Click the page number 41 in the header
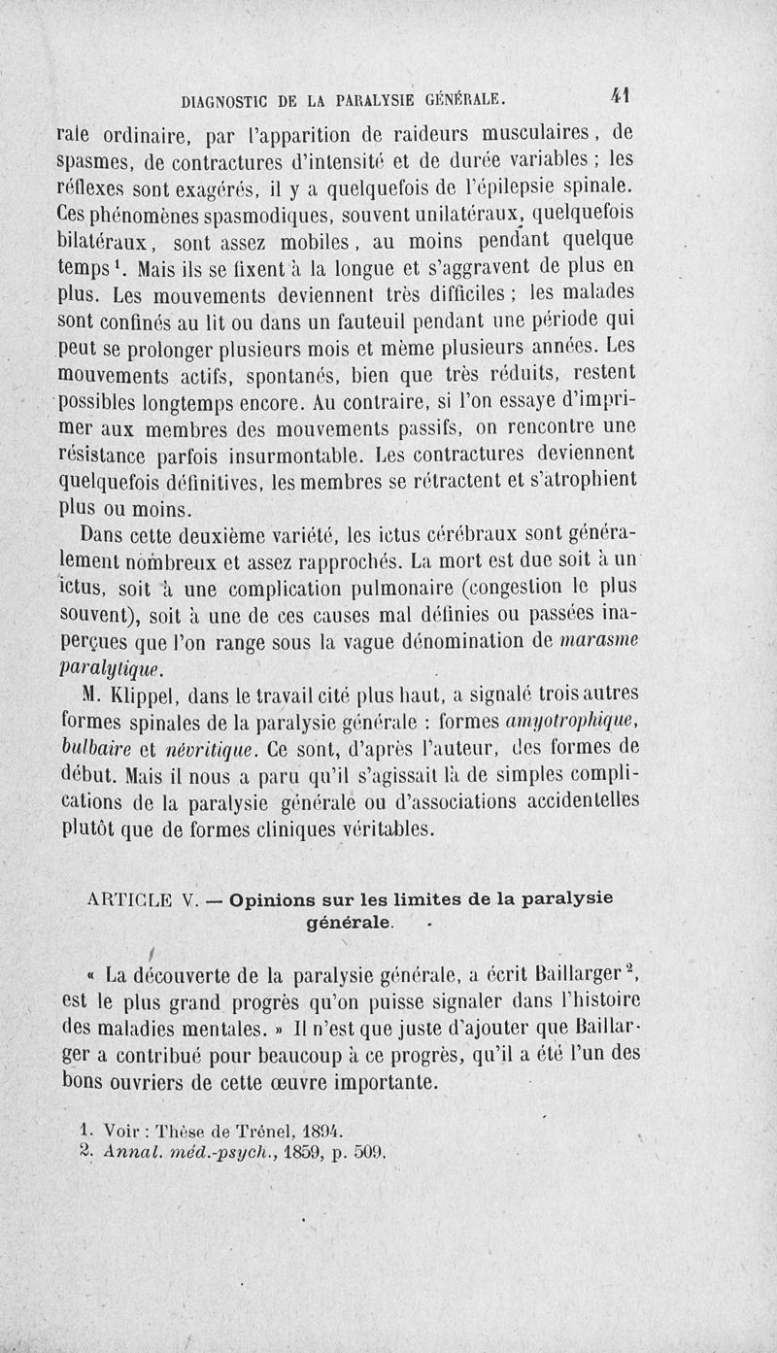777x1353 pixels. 622,96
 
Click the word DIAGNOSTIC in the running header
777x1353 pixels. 230,99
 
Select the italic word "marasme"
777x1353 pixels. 595,640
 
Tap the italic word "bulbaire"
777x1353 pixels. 97,748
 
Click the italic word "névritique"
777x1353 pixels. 189,748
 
